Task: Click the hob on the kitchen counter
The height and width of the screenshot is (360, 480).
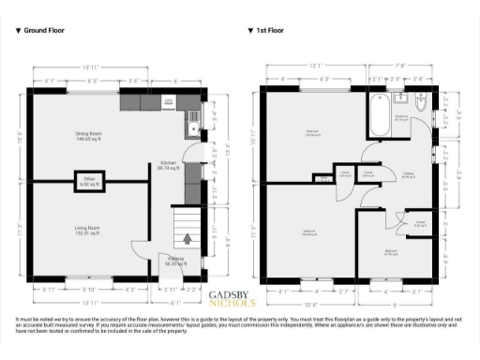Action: (170, 101)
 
